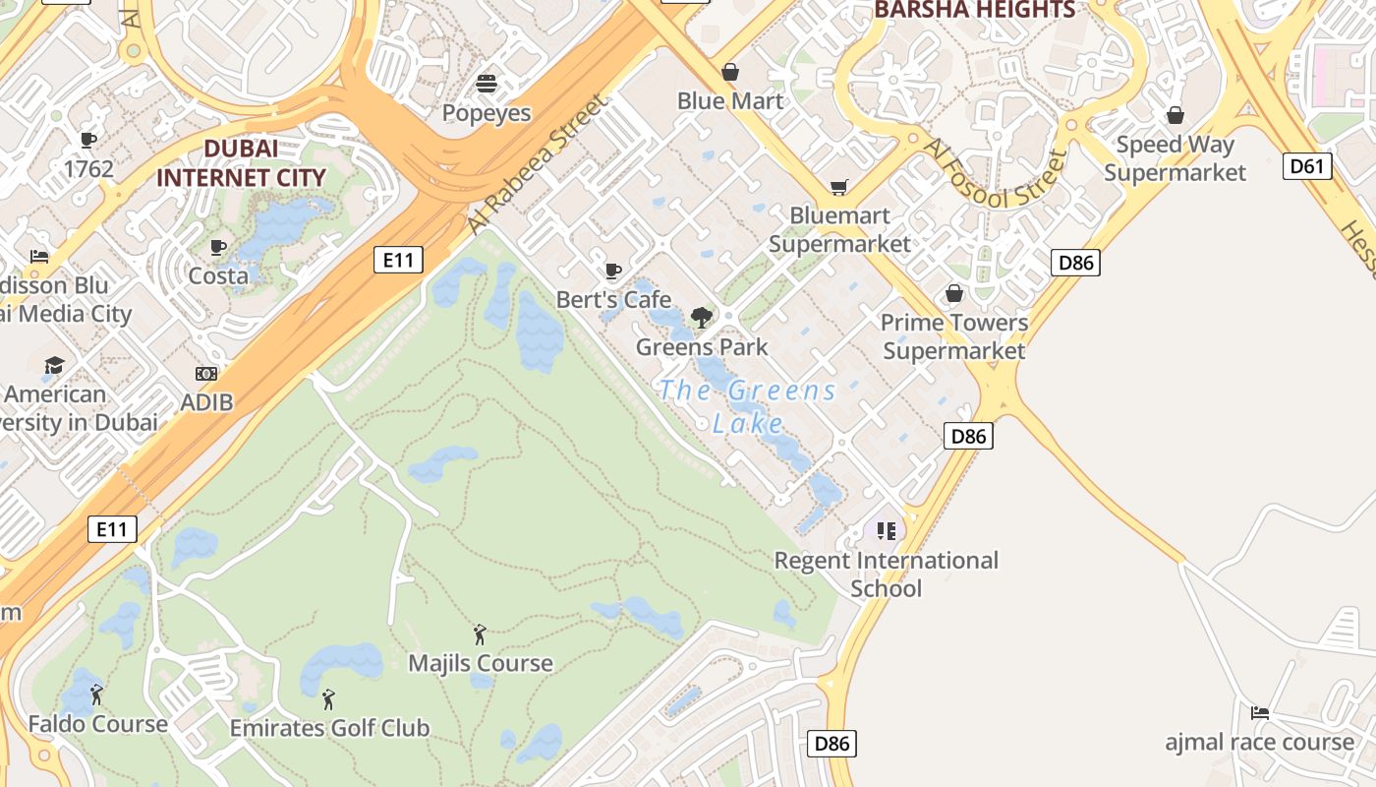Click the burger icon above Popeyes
click(487, 83)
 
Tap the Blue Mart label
click(730, 101)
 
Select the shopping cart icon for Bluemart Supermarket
click(838, 187)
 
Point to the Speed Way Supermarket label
click(1175, 158)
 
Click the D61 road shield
click(1307, 166)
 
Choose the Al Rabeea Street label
click(537, 164)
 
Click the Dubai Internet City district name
click(241, 163)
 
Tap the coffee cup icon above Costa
click(218, 247)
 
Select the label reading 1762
click(88, 169)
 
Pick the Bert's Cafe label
click(613, 299)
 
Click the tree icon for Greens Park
click(701, 317)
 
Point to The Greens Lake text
click(748, 406)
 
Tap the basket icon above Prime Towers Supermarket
click(953, 294)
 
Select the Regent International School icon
click(887, 531)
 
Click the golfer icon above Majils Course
click(480, 635)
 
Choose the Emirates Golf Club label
click(329, 728)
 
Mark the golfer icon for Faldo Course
click(96, 696)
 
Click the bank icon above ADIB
click(206, 374)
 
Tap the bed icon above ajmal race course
click(1259, 712)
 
